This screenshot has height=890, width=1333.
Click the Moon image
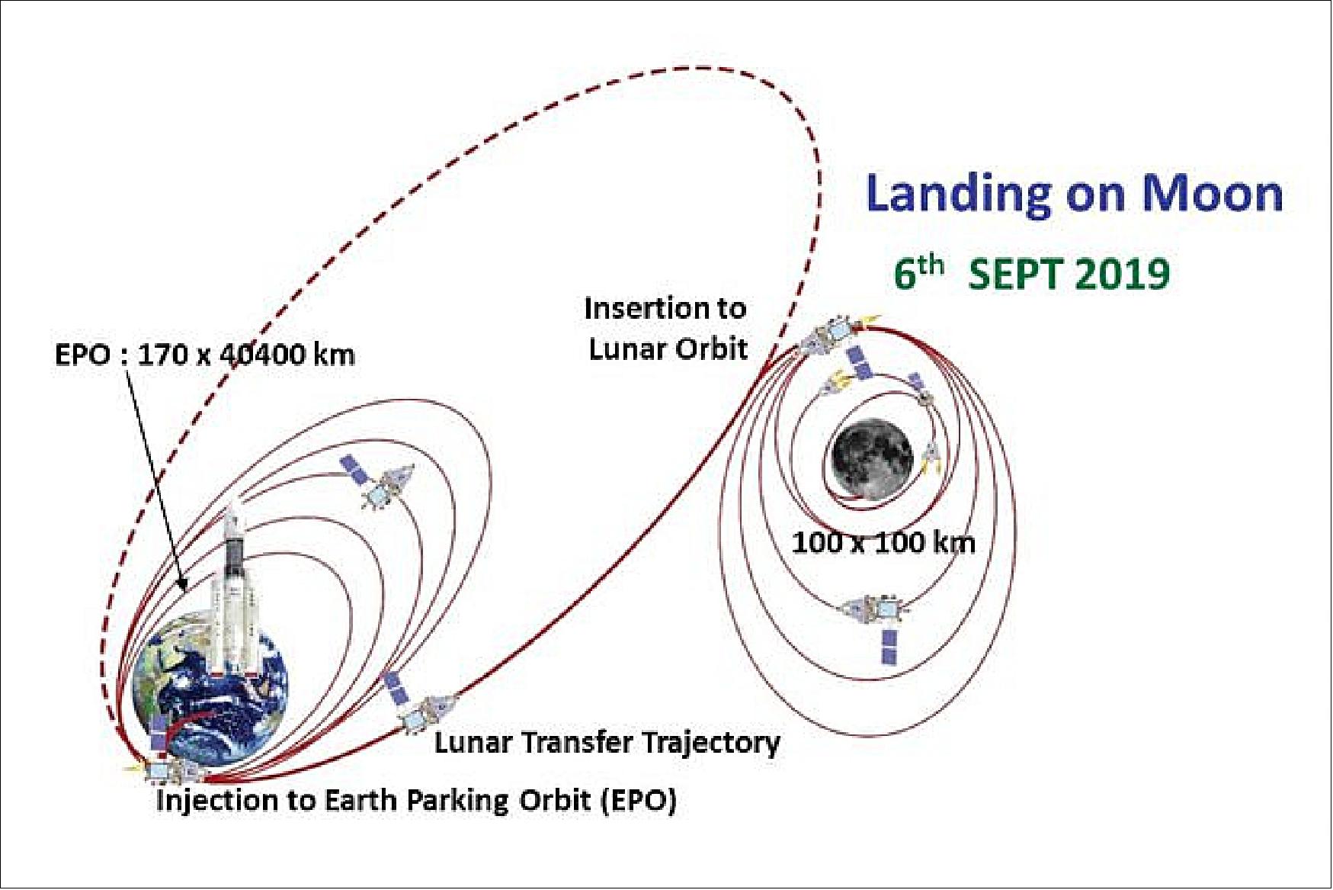pyautogui.click(x=871, y=460)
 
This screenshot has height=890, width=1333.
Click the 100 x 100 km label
pyautogui.click(x=883, y=543)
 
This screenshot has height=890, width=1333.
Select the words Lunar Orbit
pyautogui.click(x=668, y=349)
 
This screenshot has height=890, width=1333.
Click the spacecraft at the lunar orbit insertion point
pyautogui.click(x=831, y=336)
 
